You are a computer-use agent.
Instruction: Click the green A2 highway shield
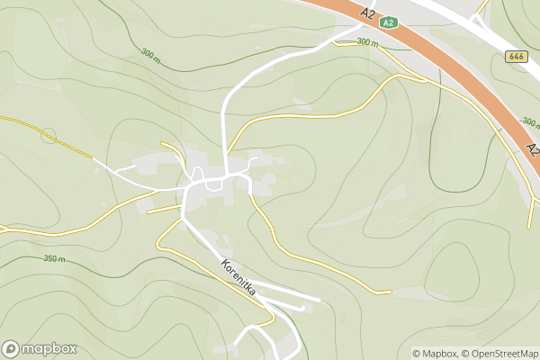[388, 23]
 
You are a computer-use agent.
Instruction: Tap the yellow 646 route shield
[516, 56]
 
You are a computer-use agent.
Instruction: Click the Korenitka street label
[239, 278]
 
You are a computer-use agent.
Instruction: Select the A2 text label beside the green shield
[367, 13]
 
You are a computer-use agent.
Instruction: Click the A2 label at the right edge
[532, 148]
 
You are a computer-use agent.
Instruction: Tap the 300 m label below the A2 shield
[366, 42]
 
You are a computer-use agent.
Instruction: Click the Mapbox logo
[40, 349]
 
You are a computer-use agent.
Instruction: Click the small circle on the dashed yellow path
[48, 137]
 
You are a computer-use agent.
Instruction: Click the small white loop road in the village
[214, 184]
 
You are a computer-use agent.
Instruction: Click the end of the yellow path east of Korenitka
[390, 292]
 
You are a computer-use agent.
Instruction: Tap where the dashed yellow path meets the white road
[94, 159]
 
